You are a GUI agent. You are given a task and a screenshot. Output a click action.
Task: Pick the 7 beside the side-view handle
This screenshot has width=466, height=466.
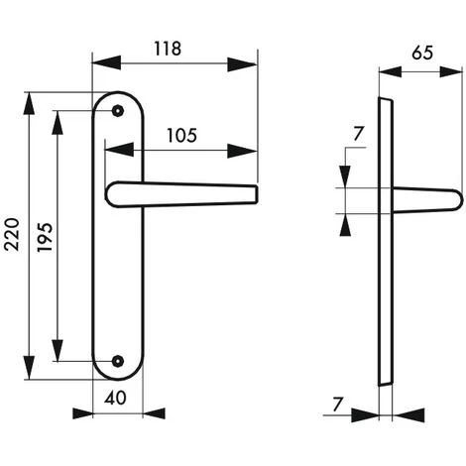click(358, 133)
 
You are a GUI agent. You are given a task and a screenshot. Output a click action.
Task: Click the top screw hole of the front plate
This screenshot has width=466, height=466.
click(119, 112)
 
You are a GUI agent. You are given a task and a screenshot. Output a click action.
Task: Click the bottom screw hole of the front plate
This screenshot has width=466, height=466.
click(119, 362)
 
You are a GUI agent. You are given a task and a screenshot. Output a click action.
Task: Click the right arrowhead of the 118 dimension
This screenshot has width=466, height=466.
click(249, 64)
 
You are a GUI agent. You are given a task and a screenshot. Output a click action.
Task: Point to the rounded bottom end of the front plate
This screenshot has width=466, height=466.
click(119, 377)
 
